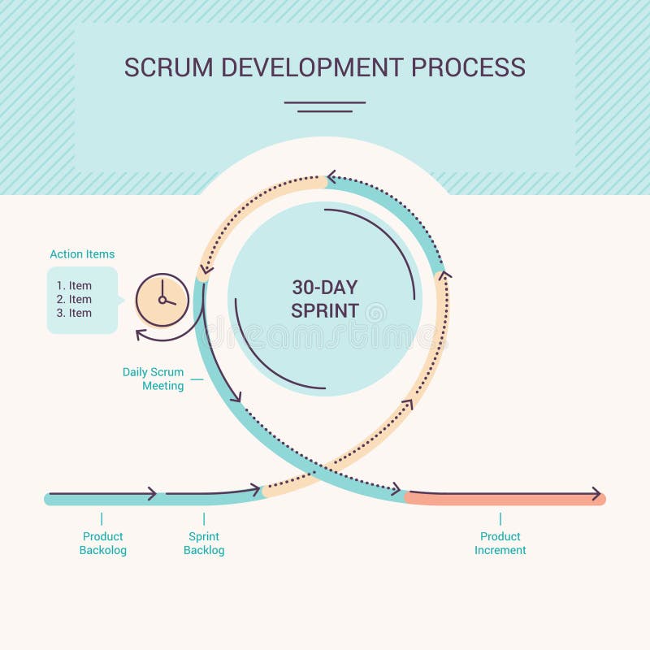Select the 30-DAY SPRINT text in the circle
pos(325,299)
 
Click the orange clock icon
pos(162,300)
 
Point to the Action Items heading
pos(82,254)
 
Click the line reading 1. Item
pos(74,286)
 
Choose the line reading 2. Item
pos(74,300)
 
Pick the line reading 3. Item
pos(74,314)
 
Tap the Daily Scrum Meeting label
pos(154,379)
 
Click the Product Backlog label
pos(103,544)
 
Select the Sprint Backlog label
pos(204,544)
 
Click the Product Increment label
pos(500,544)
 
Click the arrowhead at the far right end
pos(597,494)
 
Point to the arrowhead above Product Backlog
pos(152,494)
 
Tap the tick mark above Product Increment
pos(500,518)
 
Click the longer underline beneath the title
pos(325,102)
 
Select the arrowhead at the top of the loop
pos(331,177)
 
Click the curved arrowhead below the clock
pos(142,334)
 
